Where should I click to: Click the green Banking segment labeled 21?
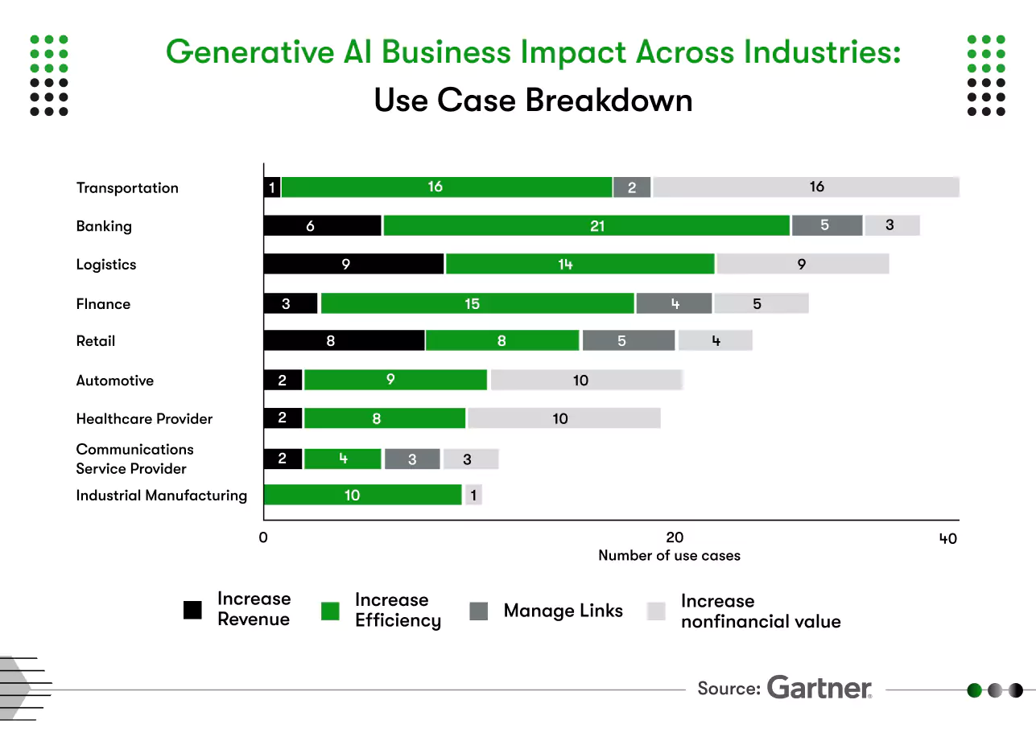click(x=586, y=226)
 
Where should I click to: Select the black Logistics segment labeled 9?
click(x=353, y=264)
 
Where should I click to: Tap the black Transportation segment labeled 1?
click(x=272, y=187)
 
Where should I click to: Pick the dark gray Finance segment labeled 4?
click(x=674, y=303)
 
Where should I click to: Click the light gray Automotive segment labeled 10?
click(x=586, y=380)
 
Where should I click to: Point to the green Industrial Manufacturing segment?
click(x=362, y=495)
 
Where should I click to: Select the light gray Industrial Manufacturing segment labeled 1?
click(x=473, y=495)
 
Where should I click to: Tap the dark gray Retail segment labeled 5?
click(x=629, y=340)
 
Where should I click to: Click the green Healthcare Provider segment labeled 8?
click(x=384, y=418)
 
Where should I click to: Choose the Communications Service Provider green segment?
click(x=342, y=459)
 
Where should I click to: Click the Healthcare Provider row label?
click(x=144, y=418)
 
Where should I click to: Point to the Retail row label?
click(x=96, y=340)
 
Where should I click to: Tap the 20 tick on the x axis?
click(x=675, y=538)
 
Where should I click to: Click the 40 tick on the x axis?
click(x=948, y=538)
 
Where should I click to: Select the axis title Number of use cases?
click(x=669, y=555)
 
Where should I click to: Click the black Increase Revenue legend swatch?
click(x=192, y=611)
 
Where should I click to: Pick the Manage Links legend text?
click(x=563, y=611)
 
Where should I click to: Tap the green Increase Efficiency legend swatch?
click(x=331, y=611)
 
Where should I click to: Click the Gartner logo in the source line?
click(x=819, y=689)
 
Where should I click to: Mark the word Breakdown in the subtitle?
click(x=609, y=101)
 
